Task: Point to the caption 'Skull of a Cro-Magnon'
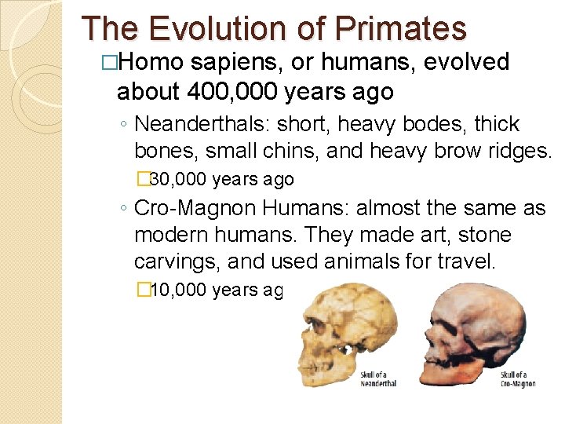518,378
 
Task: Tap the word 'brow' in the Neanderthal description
439,150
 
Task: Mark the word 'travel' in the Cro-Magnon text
468,261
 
